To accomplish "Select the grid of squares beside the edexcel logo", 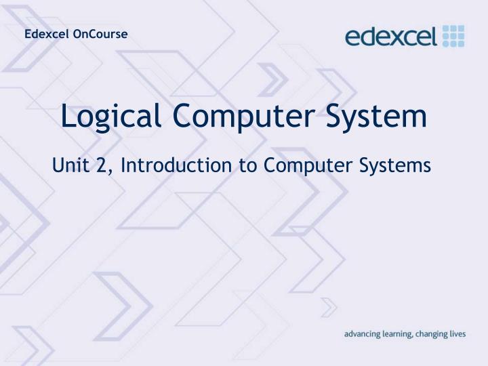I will (453, 35).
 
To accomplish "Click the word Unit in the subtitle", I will (69, 165).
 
